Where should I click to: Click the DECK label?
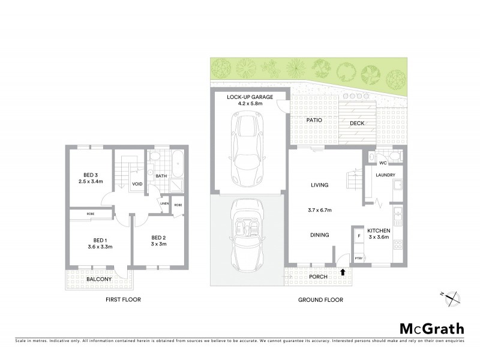[x=356, y=124]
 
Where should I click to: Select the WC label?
[x=382, y=163]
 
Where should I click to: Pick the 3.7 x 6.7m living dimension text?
[x=318, y=210]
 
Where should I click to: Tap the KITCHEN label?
[x=379, y=230]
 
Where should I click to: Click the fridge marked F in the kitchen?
[x=358, y=236]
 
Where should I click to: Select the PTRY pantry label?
[x=358, y=258]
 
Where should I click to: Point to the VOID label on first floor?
[x=137, y=184]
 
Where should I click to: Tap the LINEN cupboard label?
[x=163, y=204]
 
